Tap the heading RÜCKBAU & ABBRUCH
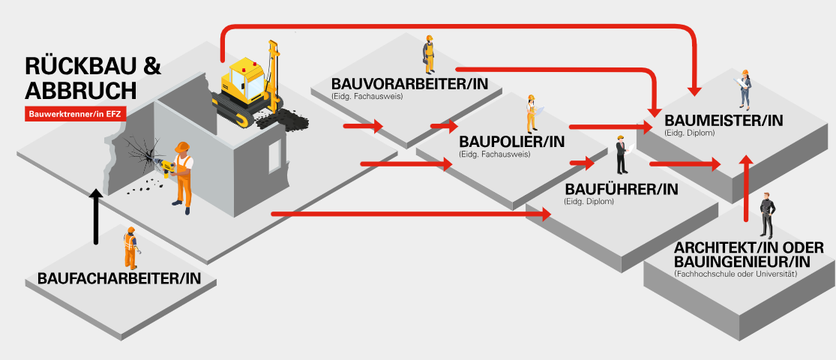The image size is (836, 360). click(x=92, y=78)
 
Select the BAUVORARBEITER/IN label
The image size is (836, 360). click(x=409, y=84)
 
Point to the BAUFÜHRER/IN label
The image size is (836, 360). click(x=621, y=190)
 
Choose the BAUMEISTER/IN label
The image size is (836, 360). click(x=724, y=120)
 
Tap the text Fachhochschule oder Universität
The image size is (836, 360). click(x=735, y=274)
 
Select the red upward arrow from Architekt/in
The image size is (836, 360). click(x=745, y=187)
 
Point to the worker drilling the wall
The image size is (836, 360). click(x=181, y=172)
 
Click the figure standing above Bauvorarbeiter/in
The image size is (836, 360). click(x=428, y=54)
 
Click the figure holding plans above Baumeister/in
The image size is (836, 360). click(x=745, y=89)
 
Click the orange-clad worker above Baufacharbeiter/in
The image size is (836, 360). click(x=130, y=247)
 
